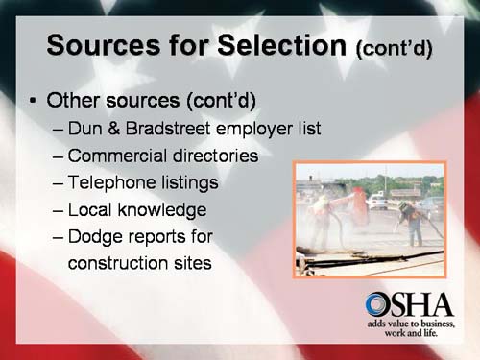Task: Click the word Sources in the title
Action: tap(100, 45)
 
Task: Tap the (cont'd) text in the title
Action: tap(393, 48)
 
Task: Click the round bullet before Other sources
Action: tap(34, 100)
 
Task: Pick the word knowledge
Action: tap(164, 209)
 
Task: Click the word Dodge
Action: tap(101, 236)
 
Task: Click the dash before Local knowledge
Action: tap(60, 209)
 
